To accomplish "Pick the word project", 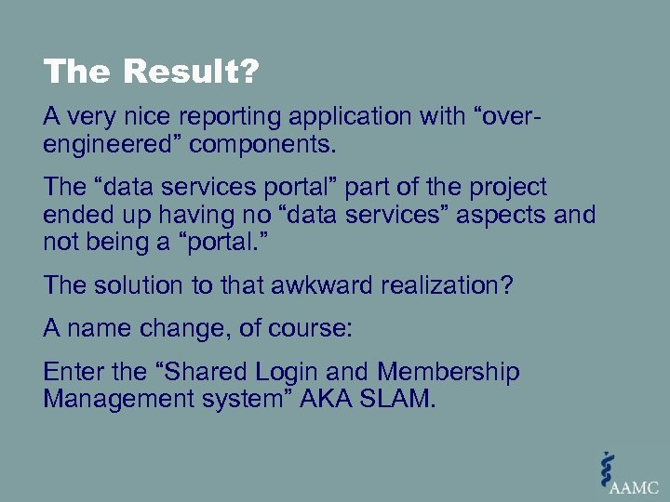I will click(510, 187).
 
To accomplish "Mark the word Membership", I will click(449, 373).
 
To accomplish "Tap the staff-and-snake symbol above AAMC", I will click(608, 465).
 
